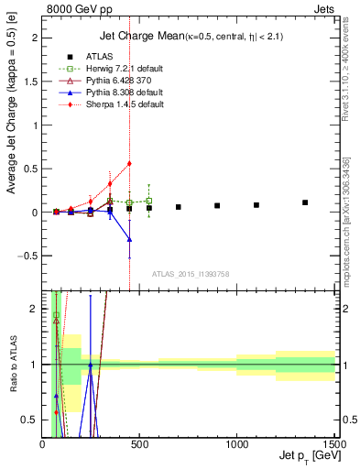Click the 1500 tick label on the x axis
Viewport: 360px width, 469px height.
point(333,444)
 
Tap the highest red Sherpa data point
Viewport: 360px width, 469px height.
point(129,163)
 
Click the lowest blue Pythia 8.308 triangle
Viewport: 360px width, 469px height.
point(129,239)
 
